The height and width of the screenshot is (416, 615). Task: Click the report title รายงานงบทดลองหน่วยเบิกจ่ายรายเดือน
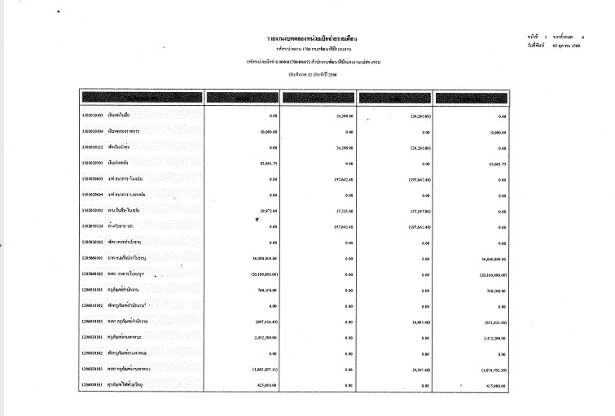[x=314, y=38]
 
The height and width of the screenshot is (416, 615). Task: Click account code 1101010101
[x=97, y=116]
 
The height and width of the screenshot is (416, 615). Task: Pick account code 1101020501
[x=97, y=164]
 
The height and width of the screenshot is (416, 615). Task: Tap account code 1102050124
[x=97, y=226]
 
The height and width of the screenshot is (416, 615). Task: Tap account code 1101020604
[x=97, y=195]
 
